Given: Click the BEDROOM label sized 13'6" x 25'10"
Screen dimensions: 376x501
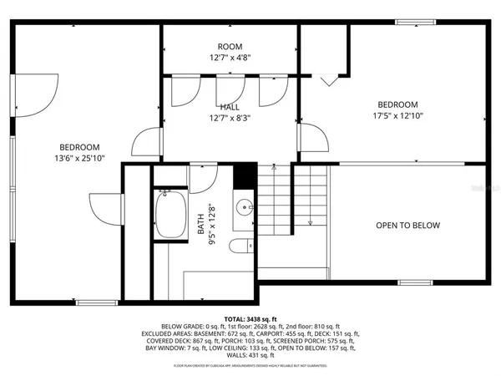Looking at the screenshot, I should [x=79, y=147].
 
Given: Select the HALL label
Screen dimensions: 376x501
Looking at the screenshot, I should [x=230, y=108].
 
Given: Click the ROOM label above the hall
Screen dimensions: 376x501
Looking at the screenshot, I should [x=230, y=47].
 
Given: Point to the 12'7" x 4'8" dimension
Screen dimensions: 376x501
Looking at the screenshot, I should [x=230, y=58].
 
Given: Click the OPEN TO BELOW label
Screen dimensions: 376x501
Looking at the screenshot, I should [x=407, y=226].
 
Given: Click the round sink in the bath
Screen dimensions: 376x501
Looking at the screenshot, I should [x=244, y=207].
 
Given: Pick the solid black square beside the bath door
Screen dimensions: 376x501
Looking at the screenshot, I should [x=244, y=176].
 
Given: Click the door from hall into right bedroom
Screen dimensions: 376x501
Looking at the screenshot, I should [x=310, y=139].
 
